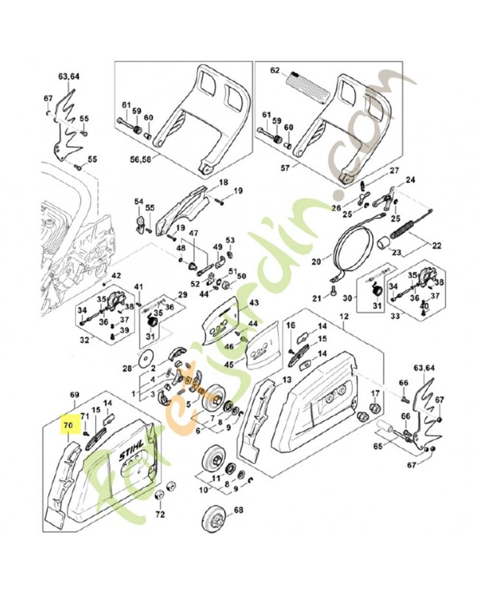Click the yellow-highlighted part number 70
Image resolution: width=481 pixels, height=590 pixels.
68,426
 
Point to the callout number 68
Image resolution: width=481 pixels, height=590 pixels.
238,510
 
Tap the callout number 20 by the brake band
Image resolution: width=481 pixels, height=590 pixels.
316,261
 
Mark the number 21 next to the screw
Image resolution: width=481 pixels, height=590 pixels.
316,299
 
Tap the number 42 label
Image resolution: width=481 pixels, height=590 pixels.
116,277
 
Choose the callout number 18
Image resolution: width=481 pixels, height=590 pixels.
222,182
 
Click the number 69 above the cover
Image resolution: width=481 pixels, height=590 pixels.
74,396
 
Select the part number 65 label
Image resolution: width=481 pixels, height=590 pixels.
378,446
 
